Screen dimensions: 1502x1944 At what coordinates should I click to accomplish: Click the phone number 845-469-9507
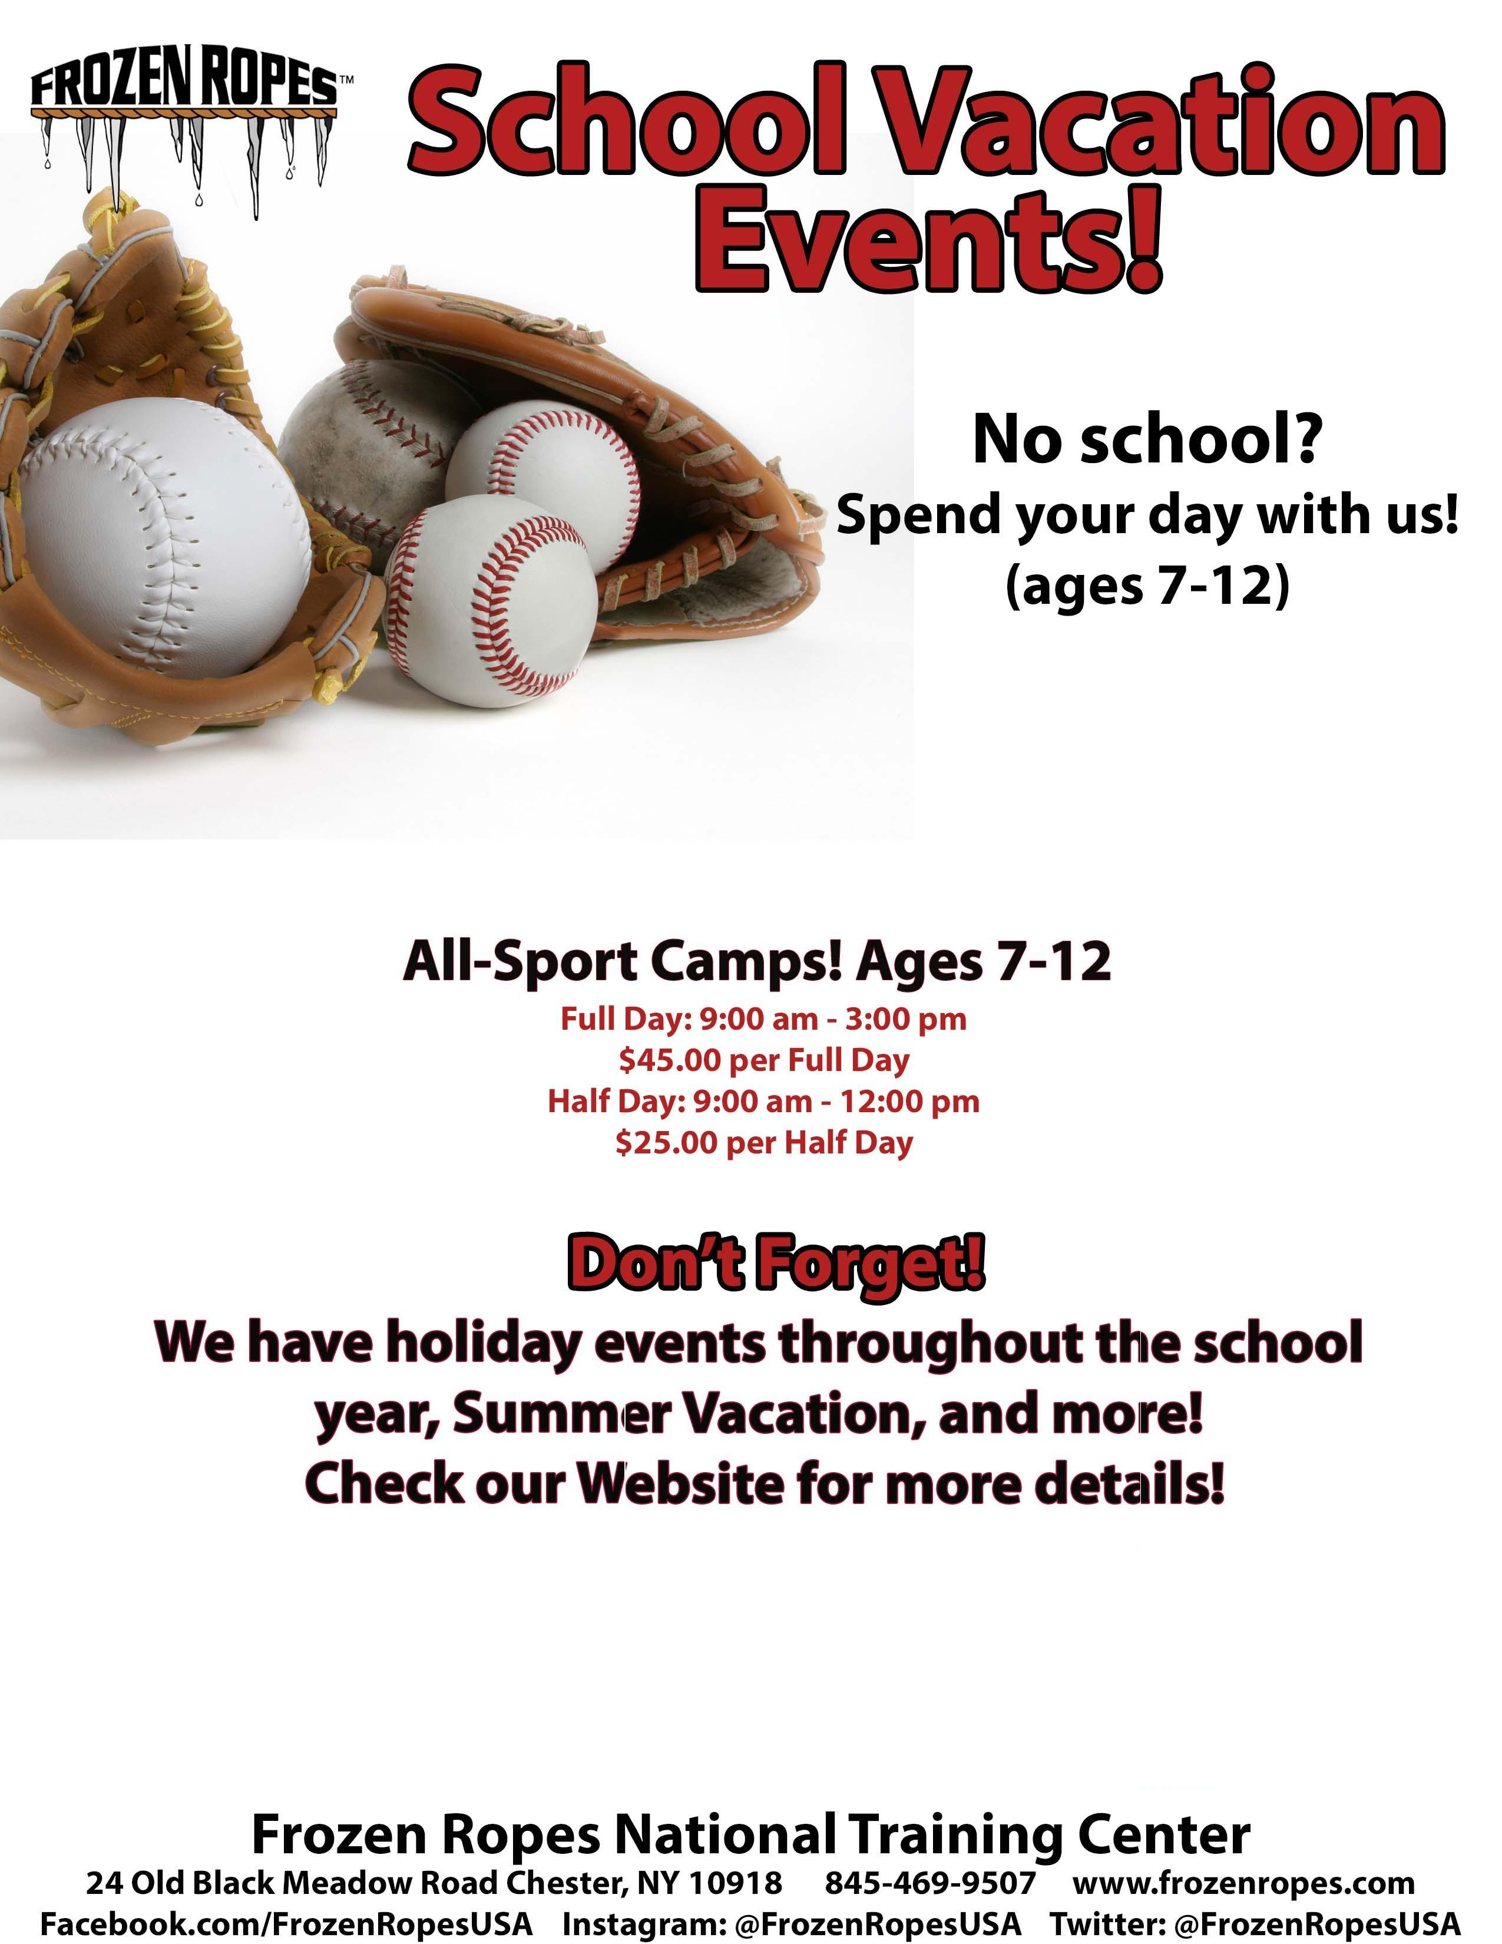coord(930,1883)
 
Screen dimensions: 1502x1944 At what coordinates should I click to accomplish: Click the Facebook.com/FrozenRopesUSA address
coord(286,1923)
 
